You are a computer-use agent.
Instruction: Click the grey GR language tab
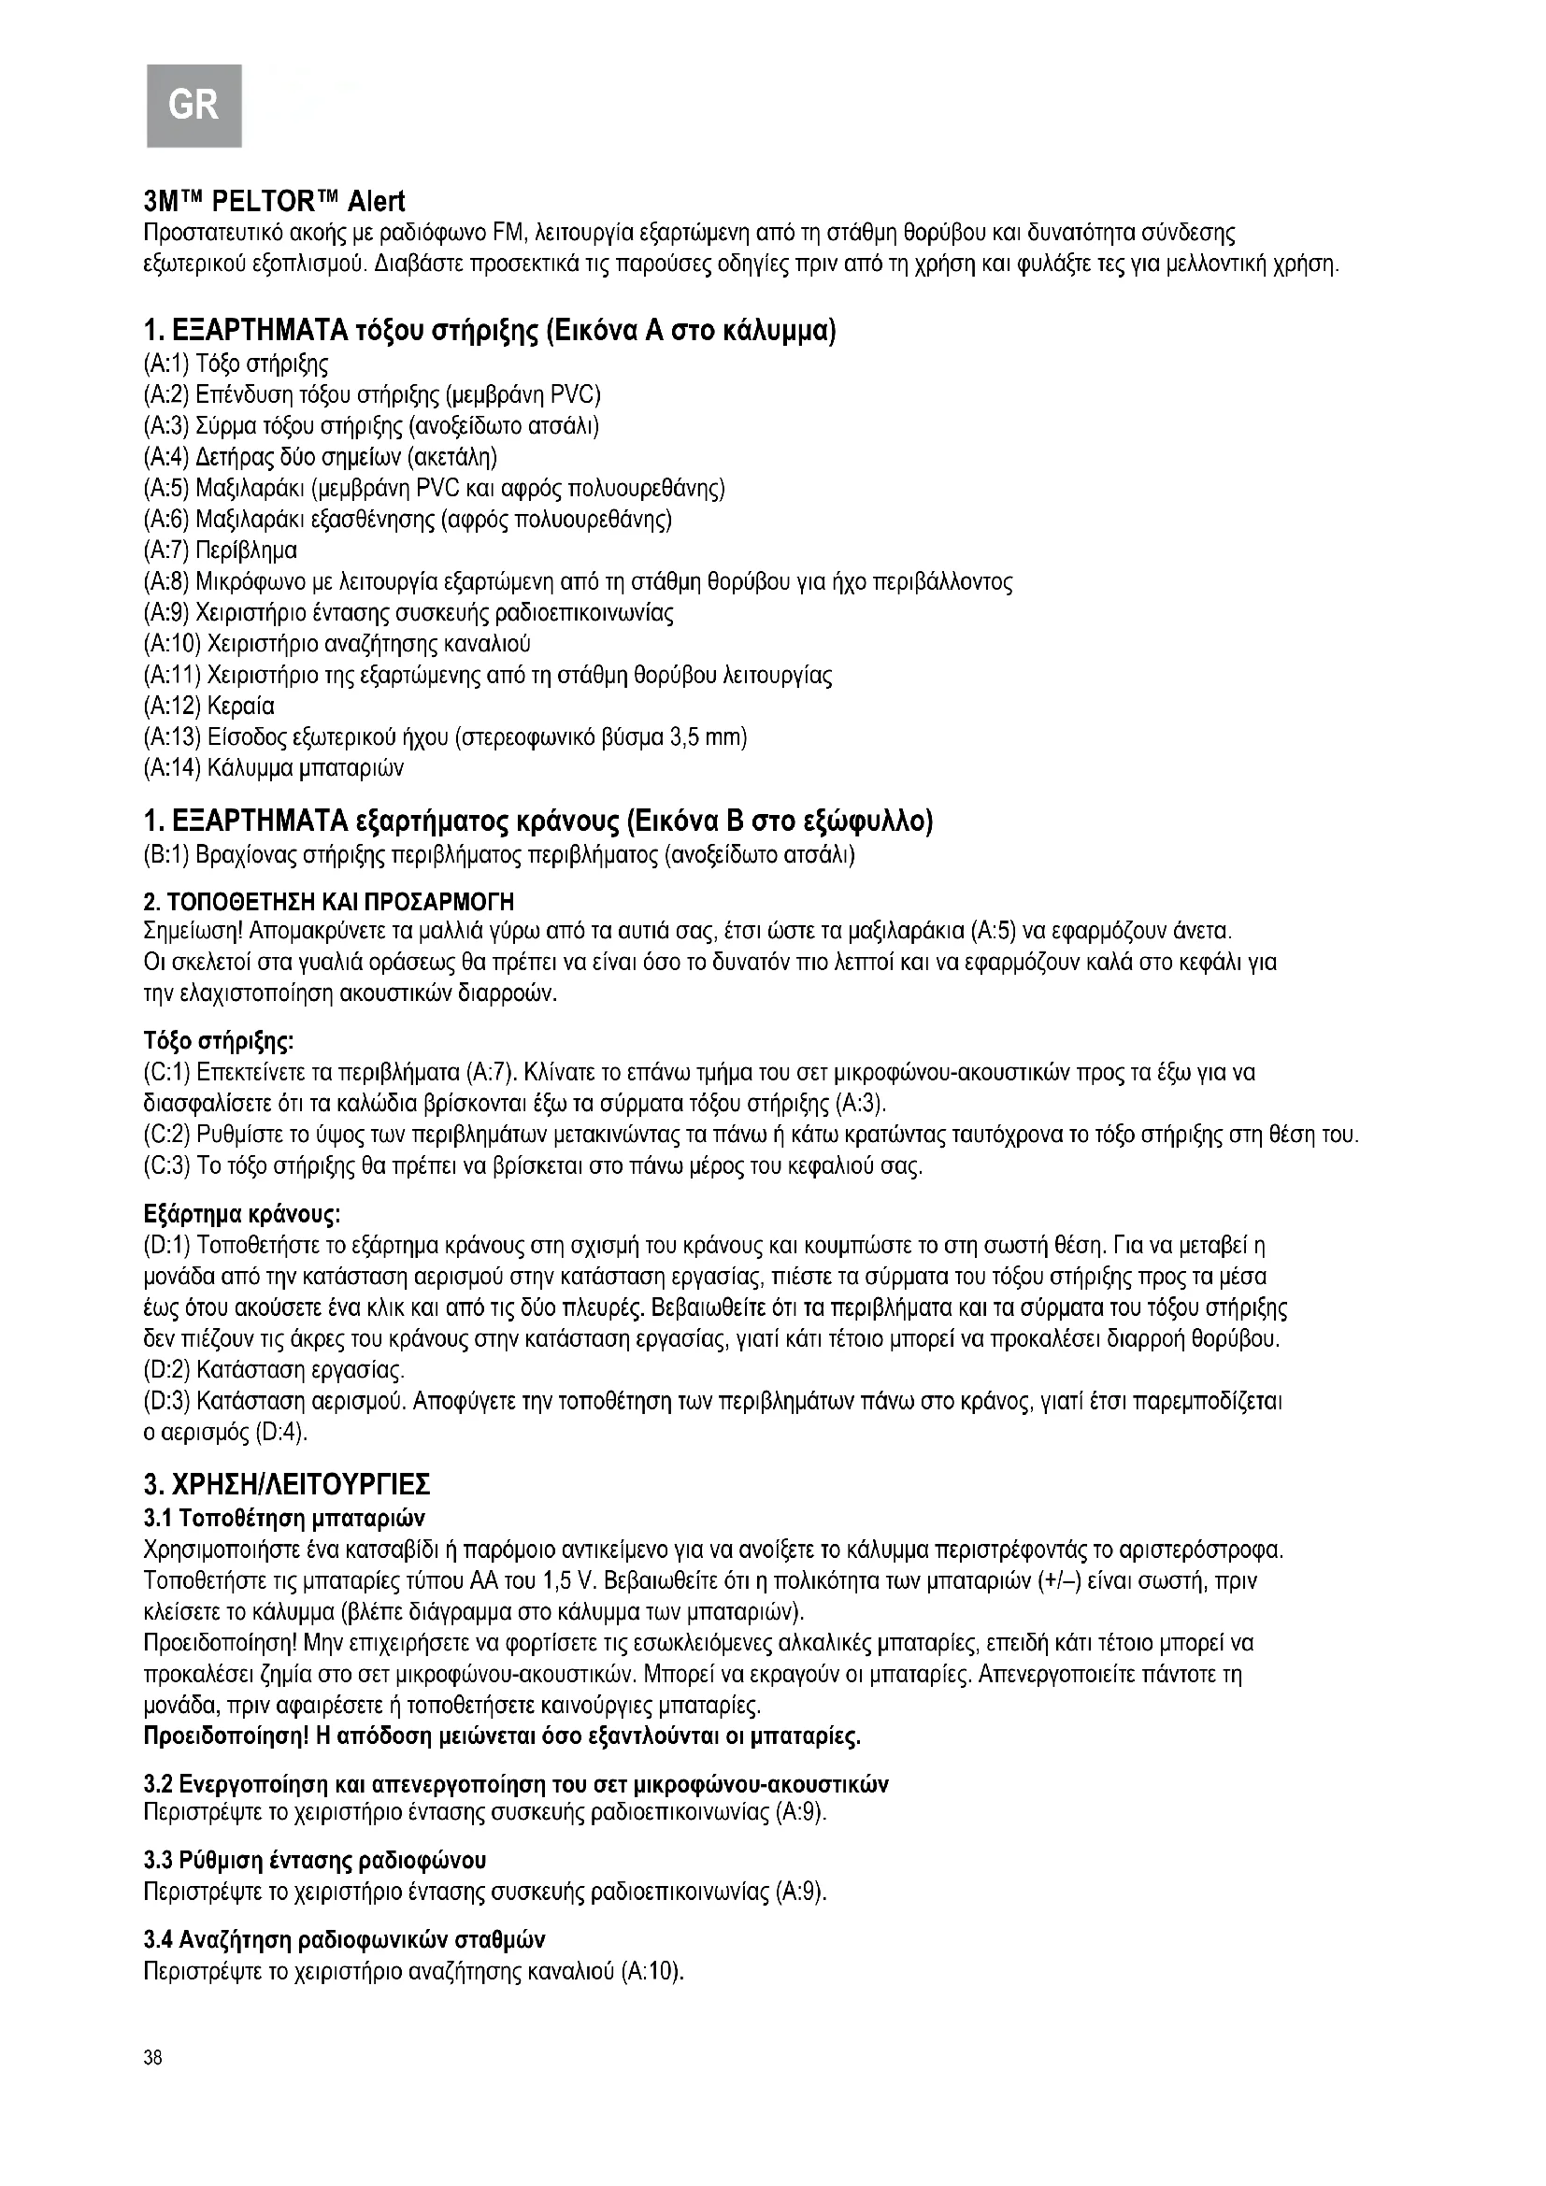tap(193, 103)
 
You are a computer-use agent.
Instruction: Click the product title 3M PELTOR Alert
tap(273, 202)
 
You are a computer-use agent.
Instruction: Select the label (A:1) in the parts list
tap(165, 364)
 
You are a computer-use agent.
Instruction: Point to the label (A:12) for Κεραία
tap(171, 707)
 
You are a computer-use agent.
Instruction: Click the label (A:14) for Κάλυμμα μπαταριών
tap(171, 767)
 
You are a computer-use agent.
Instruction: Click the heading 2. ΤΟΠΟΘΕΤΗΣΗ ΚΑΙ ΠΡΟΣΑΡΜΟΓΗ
tap(328, 901)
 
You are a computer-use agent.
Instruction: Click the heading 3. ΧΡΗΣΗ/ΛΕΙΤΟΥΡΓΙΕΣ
tap(287, 1484)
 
